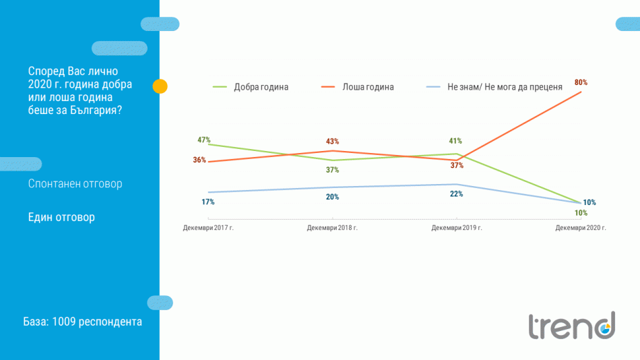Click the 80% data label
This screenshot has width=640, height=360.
pos(581,82)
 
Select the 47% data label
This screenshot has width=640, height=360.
pos(204,140)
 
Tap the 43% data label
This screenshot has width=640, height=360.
pos(332,142)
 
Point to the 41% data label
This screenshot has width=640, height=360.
pos(455,141)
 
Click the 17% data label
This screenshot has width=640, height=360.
pos(207,202)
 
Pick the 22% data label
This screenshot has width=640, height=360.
pos(456,194)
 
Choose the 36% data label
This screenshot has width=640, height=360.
pos(199,160)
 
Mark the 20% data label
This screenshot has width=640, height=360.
pos(332,197)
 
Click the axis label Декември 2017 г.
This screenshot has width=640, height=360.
pos(208,228)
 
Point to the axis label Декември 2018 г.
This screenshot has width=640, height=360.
pos(332,228)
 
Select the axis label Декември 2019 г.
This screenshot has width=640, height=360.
pos(456,228)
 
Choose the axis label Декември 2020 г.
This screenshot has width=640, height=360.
pos(581,228)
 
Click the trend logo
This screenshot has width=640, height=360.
pos(571,326)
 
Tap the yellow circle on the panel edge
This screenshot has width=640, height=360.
pos(160,86)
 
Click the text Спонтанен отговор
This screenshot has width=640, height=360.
pos(75,183)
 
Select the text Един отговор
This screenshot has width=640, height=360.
pos(61,217)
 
